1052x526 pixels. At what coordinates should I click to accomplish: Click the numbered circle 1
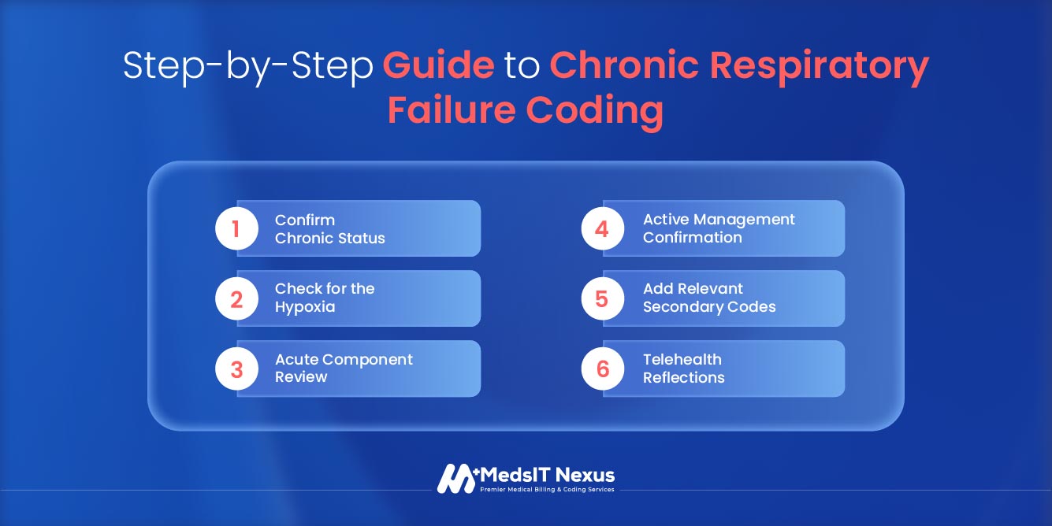tap(236, 228)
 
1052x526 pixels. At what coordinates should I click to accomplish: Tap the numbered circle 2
tap(236, 298)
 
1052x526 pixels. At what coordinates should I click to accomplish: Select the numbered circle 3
tap(236, 369)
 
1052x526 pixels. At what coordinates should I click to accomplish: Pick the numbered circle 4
tap(603, 228)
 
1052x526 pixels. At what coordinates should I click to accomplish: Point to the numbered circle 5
tap(603, 298)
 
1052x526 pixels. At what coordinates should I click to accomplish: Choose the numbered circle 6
tap(603, 369)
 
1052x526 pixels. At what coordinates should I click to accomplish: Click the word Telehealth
tap(682, 360)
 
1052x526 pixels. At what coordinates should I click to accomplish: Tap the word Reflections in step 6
tap(683, 377)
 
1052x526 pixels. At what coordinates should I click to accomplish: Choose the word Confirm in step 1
tap(305, 220)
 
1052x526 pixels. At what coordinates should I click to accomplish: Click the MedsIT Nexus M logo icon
tap(456, 478)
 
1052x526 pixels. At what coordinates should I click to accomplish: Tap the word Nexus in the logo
tap(585, 475)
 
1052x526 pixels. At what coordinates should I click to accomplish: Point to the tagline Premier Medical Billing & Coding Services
tap(547, 490)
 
